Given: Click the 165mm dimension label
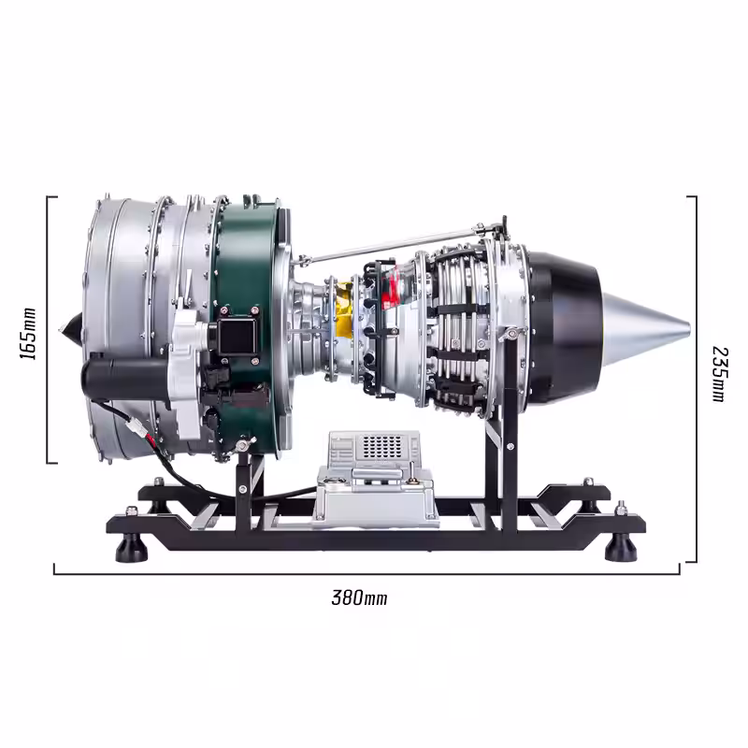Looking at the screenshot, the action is coord(28,334).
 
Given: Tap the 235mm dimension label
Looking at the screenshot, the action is coord(720,374).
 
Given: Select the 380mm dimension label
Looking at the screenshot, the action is coord(359,597).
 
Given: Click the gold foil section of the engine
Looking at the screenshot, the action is coord(344,310).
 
